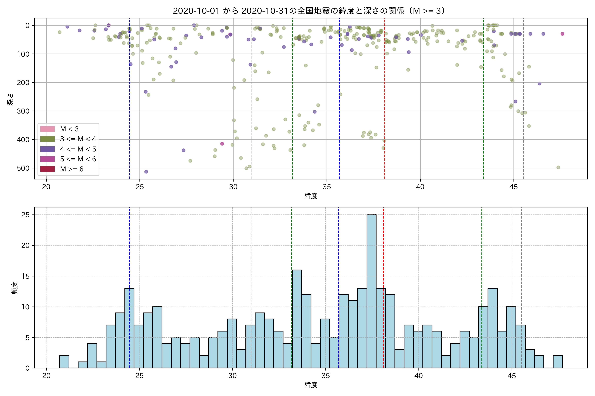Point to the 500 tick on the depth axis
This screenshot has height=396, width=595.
(23, 168)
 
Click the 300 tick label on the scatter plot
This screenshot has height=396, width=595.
(23, 111)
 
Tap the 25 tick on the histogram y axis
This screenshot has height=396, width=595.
(25, 215)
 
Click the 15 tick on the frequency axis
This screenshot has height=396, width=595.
(25, 276)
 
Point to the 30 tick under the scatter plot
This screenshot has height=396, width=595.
(233, 187)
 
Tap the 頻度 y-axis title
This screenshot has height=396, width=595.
(15, 288)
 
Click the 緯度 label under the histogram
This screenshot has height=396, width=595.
(311, 385)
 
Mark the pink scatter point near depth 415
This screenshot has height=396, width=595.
(222, 144)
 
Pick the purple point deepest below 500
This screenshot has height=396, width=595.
(146, 172)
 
